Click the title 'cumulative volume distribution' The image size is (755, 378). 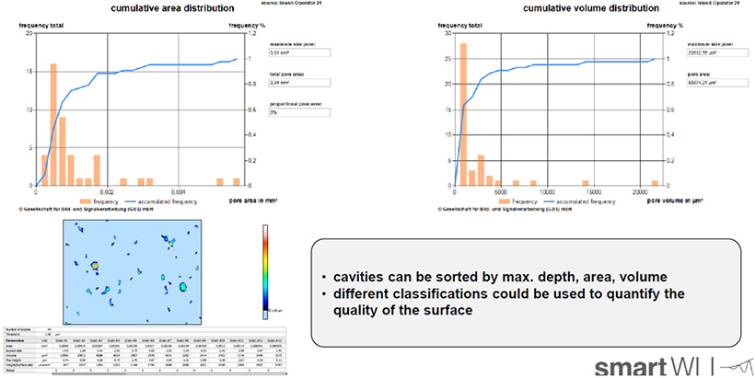[x=548, y=8]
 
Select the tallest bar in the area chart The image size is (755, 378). [x=53, y=124]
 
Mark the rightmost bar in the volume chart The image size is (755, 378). [x=655, y=182]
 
